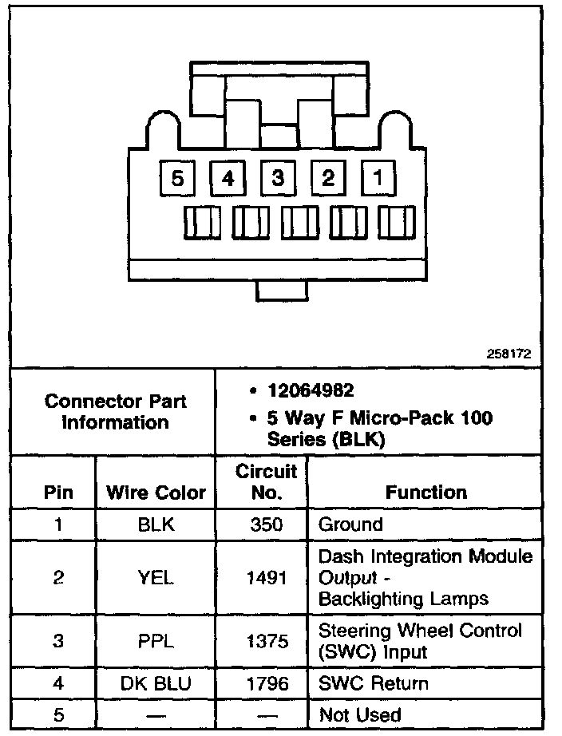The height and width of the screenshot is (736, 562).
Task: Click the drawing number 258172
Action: click(509, 353)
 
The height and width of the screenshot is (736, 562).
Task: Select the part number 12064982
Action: click(311, 391)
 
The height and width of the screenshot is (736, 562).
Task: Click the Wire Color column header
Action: click(156, 493)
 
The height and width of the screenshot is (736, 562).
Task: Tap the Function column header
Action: click(426, 493)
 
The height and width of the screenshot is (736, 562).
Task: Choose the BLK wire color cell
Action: click(156, 525)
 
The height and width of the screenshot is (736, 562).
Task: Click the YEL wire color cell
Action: click(156, 577)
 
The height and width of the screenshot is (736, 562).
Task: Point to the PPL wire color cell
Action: click(156, 641)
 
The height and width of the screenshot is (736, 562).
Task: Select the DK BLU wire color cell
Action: click(156, 684)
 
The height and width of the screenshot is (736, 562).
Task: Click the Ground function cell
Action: click(351, 525)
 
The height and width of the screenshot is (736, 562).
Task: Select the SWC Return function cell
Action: click(374, 684)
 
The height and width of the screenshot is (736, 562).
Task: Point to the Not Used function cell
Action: click(360, 715)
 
